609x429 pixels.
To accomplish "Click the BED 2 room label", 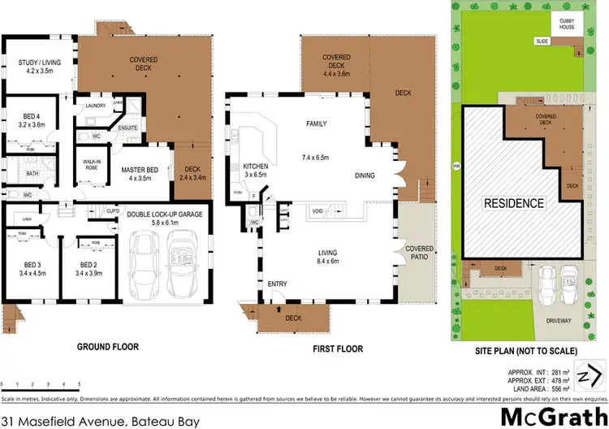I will click(x=89, y=268).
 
